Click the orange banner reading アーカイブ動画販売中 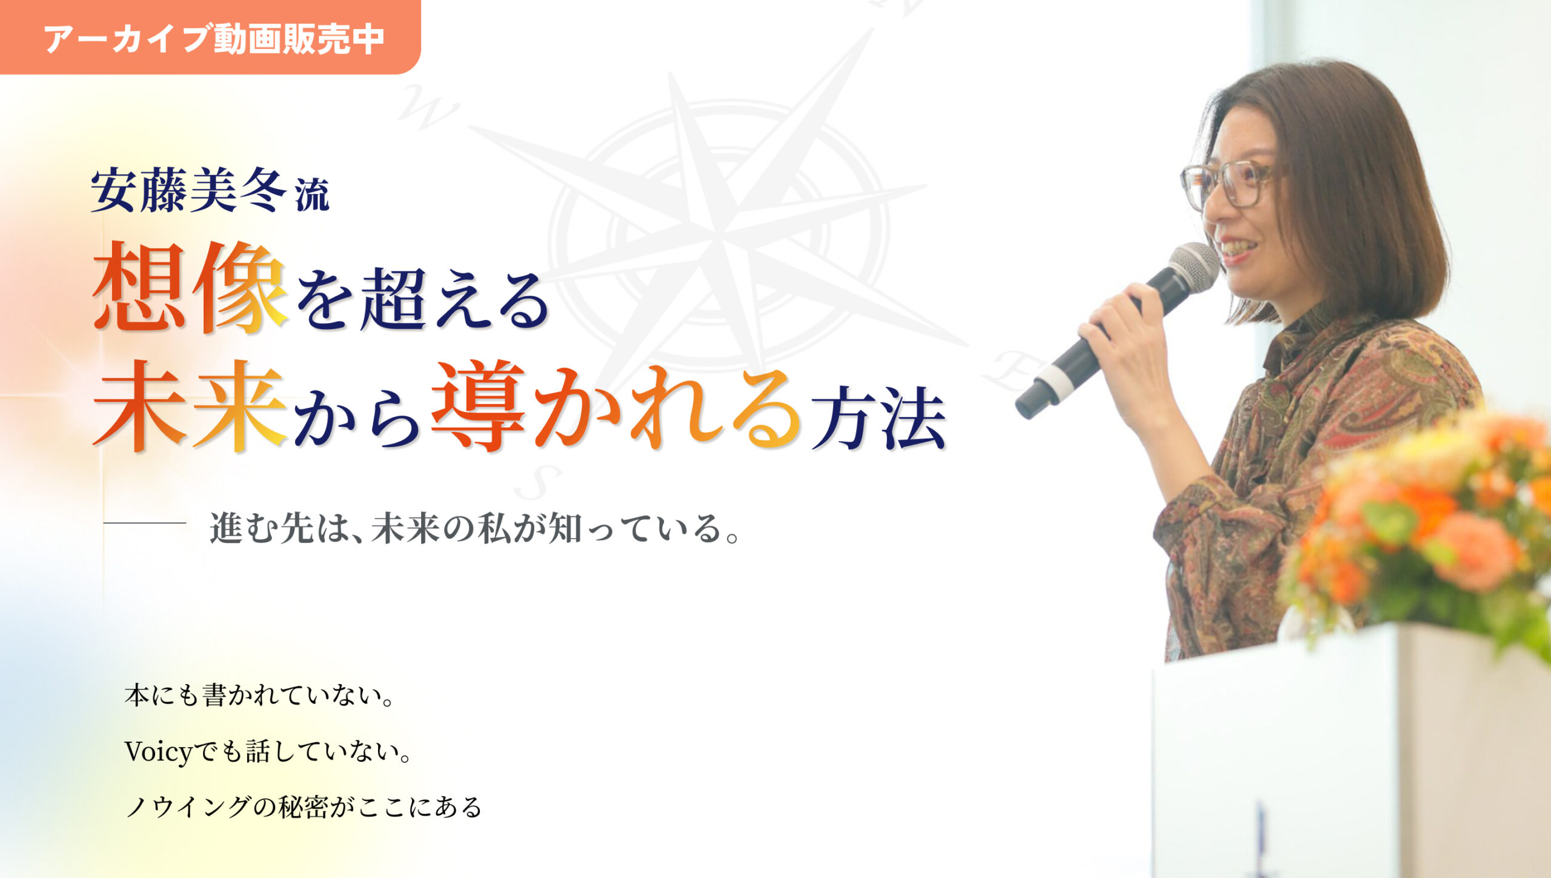coord(210,37)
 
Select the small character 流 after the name coord(313,195)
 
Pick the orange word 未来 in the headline coord(190,406)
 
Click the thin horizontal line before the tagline coord(144,522)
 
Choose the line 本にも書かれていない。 coord(259,696)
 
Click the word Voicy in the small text coord(158,753)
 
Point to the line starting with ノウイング coord(304,807)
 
